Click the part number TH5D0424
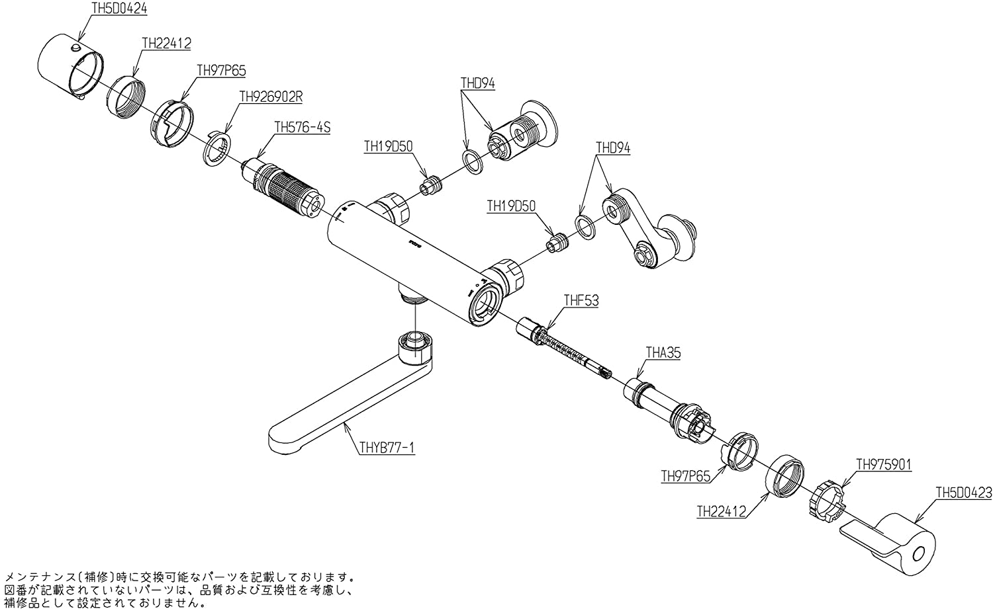pos(118,9)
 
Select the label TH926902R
pos(271,96)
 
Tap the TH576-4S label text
pos(302,127)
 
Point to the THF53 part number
pos(581,300)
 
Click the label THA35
pos(663,353)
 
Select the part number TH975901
pos(884,464)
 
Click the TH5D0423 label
pos(963,492)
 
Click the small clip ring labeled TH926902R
pos(217,150)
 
